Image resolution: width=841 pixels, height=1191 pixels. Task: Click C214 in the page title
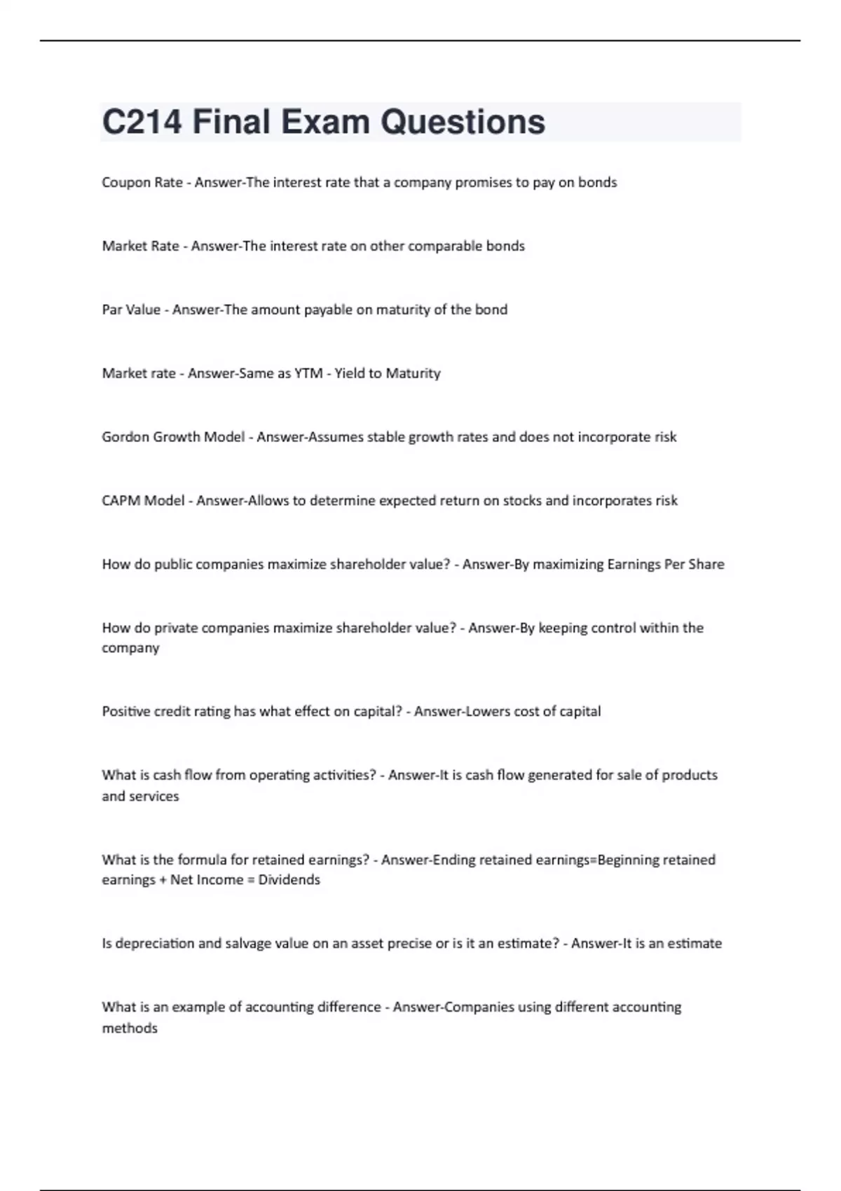click(142, 122)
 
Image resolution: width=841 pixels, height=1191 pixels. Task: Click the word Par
click(112, 310)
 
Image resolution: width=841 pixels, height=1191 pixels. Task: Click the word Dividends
click(289, 880)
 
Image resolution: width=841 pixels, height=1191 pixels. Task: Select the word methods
click(130, 1028)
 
